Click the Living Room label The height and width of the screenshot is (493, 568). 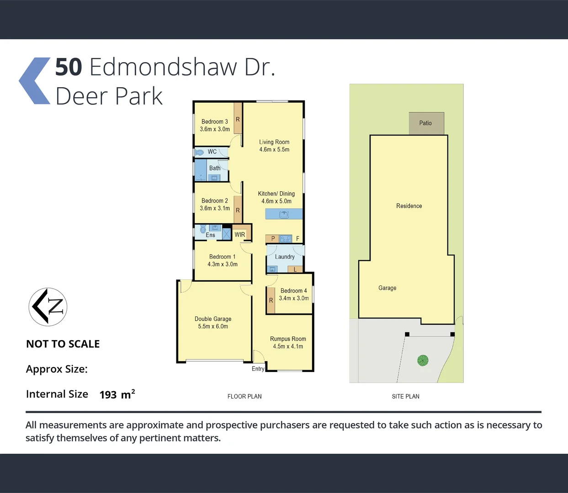[274, 142]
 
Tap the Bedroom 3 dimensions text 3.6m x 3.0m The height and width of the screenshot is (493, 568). [215, 129]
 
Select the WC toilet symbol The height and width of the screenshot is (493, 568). [200, 152]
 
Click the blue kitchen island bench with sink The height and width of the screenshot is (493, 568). [284, 214]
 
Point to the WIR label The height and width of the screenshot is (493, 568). [240, 235]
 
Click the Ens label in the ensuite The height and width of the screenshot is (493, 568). [210, 235]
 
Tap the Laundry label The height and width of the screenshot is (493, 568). [285, 257]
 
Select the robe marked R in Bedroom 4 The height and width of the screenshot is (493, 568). [271, 300]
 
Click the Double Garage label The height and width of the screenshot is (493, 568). [213, 319]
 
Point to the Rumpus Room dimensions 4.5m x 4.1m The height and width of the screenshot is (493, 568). [288, 346]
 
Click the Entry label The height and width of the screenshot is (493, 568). [258, 369]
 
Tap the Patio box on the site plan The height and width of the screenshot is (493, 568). [426, 123]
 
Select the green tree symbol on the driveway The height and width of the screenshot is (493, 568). [423, 361]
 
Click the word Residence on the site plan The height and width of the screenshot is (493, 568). [409, 206]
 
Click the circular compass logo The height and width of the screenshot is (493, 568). [48, 307]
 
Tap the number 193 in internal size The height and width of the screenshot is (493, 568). [108, 395]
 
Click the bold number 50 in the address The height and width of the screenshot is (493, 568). [69, 67]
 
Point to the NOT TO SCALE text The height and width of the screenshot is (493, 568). [63, 344]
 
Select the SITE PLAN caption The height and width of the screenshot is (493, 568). [405, 396]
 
